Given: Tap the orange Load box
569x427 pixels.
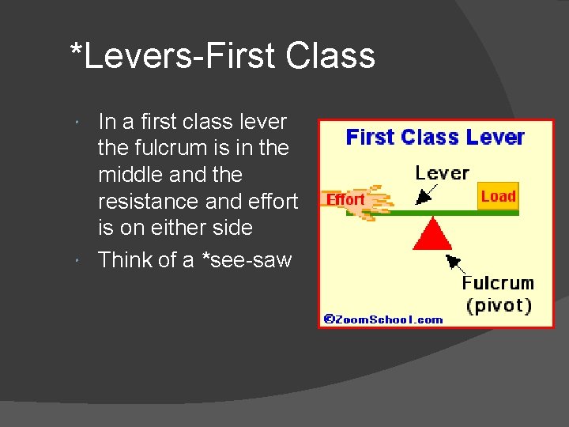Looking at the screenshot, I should pyautogui.click(x=498, y=196).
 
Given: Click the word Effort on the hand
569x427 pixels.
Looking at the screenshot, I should pyautogui.click(x=346, y=199).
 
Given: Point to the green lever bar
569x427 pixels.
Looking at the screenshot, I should pyautogui.click(x=474, y=212).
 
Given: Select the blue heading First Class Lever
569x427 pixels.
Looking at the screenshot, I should pyautogui.click(x=435, y=138).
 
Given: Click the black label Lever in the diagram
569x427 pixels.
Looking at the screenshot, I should pyautogui.click(x=443, y=172).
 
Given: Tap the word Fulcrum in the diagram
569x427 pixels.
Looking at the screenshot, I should pyautogui.click(x=498, y=283).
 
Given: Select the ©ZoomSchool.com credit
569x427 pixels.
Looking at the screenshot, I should pyautogui.click(x=383, y=319).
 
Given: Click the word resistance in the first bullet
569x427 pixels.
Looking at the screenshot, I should pyautogui.click(x=148, y=202).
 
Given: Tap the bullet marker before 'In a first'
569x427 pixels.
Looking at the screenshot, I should pyautogui.click(x=83, y=124).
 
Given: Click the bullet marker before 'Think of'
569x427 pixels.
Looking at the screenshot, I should pyautogui.click(x=83, y=261).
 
